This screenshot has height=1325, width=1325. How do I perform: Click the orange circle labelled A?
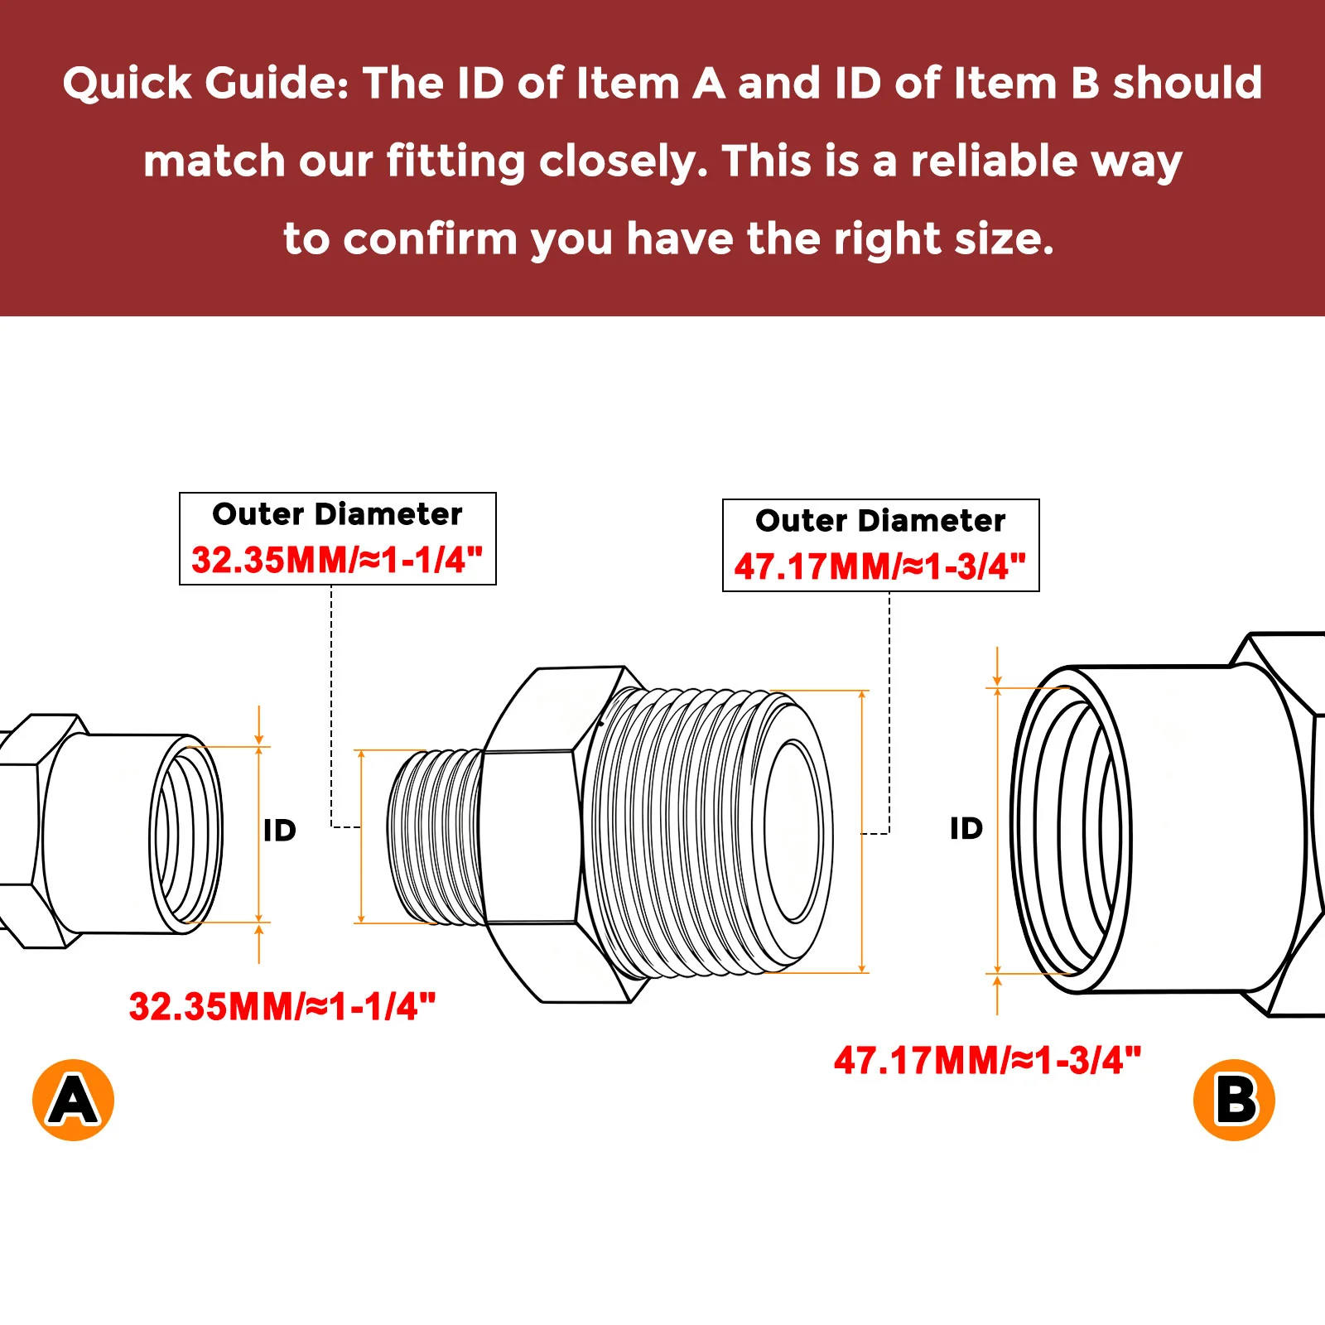tap(73, 1100)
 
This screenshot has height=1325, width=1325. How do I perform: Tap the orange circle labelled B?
tap(1234, 1100)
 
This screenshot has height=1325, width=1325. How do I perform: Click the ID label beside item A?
tap(280, 831)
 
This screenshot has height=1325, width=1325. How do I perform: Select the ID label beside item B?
tap(966, 828)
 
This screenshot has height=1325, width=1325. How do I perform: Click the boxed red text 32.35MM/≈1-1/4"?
tap(337, 560)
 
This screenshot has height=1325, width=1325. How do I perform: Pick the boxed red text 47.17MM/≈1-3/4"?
tap(880, 566)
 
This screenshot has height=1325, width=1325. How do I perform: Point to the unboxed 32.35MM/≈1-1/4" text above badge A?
tap(282, 1007)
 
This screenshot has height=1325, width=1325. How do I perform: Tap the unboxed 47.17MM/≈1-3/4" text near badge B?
tap(988, 1060)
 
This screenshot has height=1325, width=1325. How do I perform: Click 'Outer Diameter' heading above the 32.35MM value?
tap(337, 514)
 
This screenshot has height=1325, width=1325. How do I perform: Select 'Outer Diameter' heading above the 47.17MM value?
tap(880, 521)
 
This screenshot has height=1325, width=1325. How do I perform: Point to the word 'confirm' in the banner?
tap(431, 239)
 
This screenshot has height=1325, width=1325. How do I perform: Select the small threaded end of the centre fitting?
tap(436, 836)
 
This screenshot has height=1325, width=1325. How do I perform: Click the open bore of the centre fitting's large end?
tap(793, 831)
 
